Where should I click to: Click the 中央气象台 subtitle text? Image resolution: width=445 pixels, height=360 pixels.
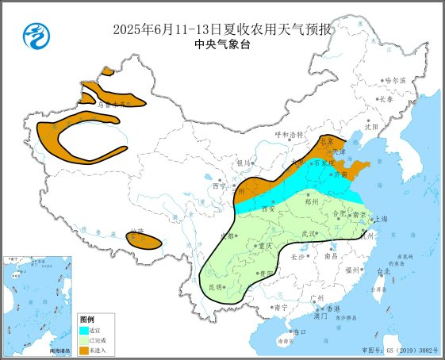coord(222,46)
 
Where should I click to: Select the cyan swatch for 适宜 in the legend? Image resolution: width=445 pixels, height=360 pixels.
coord(83,330)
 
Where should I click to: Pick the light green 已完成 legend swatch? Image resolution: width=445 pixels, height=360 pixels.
coord(83,339)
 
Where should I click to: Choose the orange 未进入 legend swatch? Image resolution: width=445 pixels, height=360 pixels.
coord(83,349)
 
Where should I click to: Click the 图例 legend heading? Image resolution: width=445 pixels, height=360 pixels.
coord(86,320)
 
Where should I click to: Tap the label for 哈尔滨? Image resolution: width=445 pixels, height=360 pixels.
coord(394,81)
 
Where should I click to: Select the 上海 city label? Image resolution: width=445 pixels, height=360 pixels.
coord(382,219)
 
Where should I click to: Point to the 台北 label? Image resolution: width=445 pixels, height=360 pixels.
coord(384,272)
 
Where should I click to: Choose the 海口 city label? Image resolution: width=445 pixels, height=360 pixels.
coord(299,331)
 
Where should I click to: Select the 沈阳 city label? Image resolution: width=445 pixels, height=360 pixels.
coord(372,126)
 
